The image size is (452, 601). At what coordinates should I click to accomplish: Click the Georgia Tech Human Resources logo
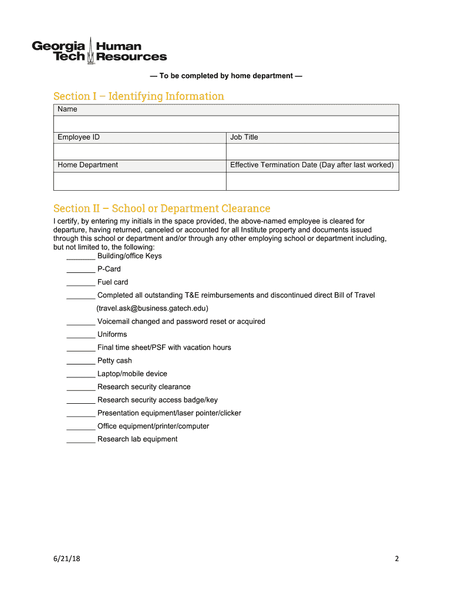(x=99, y=51)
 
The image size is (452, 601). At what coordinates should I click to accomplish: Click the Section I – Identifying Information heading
(x=139, y=96)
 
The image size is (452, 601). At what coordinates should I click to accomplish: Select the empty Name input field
(x=226, y=124)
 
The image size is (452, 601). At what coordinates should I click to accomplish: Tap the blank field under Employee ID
(x=140, y=151)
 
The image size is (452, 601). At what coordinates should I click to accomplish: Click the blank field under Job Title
(x=312, y=151)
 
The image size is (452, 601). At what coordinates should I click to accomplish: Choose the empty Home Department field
(x=140, y=181)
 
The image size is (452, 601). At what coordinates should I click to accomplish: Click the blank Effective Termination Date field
(x=312, y=181)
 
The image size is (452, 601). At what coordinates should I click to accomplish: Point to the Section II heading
(x=161, y=208)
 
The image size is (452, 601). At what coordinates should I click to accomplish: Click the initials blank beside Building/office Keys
(x=81, y=257)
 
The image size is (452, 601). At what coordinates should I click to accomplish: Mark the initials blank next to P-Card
(x=81, y=270)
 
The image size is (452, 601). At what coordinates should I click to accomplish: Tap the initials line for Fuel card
(x=81, y=283)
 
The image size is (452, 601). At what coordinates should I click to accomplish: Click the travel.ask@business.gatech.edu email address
(x=152, y=308)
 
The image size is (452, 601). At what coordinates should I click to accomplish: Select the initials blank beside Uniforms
(x=81, y=336)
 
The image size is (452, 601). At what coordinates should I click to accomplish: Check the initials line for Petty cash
(x=81, y=362)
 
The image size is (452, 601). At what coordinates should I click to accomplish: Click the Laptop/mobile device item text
(x=132, y=374)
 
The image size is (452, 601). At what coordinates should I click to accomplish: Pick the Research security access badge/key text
(x=157, y=400)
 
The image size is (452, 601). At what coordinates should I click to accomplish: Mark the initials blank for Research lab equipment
(x=81, y=440)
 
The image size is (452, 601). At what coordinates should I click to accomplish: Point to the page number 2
(x=396, y=559)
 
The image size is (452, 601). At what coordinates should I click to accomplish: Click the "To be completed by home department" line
(x=226, y=76)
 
